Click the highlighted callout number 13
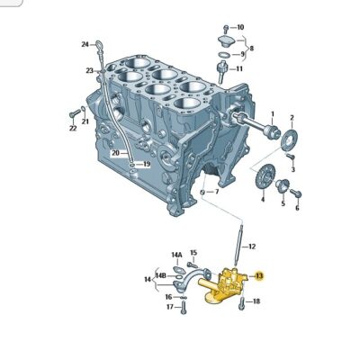point(259,276)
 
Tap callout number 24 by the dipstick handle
point(85,44)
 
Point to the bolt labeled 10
point(226,29)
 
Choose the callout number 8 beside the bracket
point(251,48)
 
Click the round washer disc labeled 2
point(289,139)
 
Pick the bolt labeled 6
point(295,193)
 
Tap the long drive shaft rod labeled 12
point(238,247)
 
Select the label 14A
point(176,255)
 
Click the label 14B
point(161,275)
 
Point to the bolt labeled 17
point(184,308)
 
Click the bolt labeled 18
point(241,303)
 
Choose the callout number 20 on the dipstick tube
point(116,153)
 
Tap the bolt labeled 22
point(75,113)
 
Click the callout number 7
point(217,192)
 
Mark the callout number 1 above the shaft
point(273,114)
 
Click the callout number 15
point(193,253)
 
